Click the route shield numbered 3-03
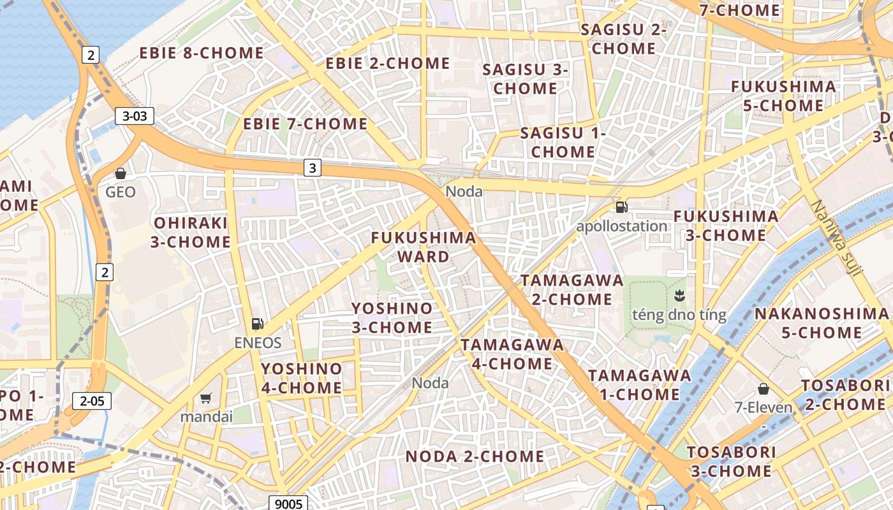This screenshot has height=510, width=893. (135, 116)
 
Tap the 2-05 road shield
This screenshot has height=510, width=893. (92, 401)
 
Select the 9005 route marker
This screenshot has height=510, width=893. (288, 504)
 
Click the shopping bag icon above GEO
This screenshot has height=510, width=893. (120, 173)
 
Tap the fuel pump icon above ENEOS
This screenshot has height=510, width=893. (258, 324)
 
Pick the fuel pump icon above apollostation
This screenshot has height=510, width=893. (621, 207)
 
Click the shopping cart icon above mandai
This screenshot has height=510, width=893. (205, 398)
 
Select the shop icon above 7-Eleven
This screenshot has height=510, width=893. (763, 389)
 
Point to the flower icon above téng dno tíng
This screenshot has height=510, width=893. (679, 296)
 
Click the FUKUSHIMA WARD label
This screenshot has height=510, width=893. (424, 247)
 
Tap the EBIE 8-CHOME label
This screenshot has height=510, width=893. (202, 54)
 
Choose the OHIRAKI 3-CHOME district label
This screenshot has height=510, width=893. (191, 233)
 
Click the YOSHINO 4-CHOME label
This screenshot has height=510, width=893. (302, 378)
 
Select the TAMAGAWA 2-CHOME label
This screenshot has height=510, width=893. (572, 289)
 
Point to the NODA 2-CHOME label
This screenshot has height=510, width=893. (475, 456)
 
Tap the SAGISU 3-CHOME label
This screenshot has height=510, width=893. (525, 78)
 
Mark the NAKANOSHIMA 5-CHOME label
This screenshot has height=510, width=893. (822, 323)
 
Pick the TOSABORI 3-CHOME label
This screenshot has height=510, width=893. (731, 462)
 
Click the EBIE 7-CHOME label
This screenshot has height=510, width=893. (306, 124)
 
